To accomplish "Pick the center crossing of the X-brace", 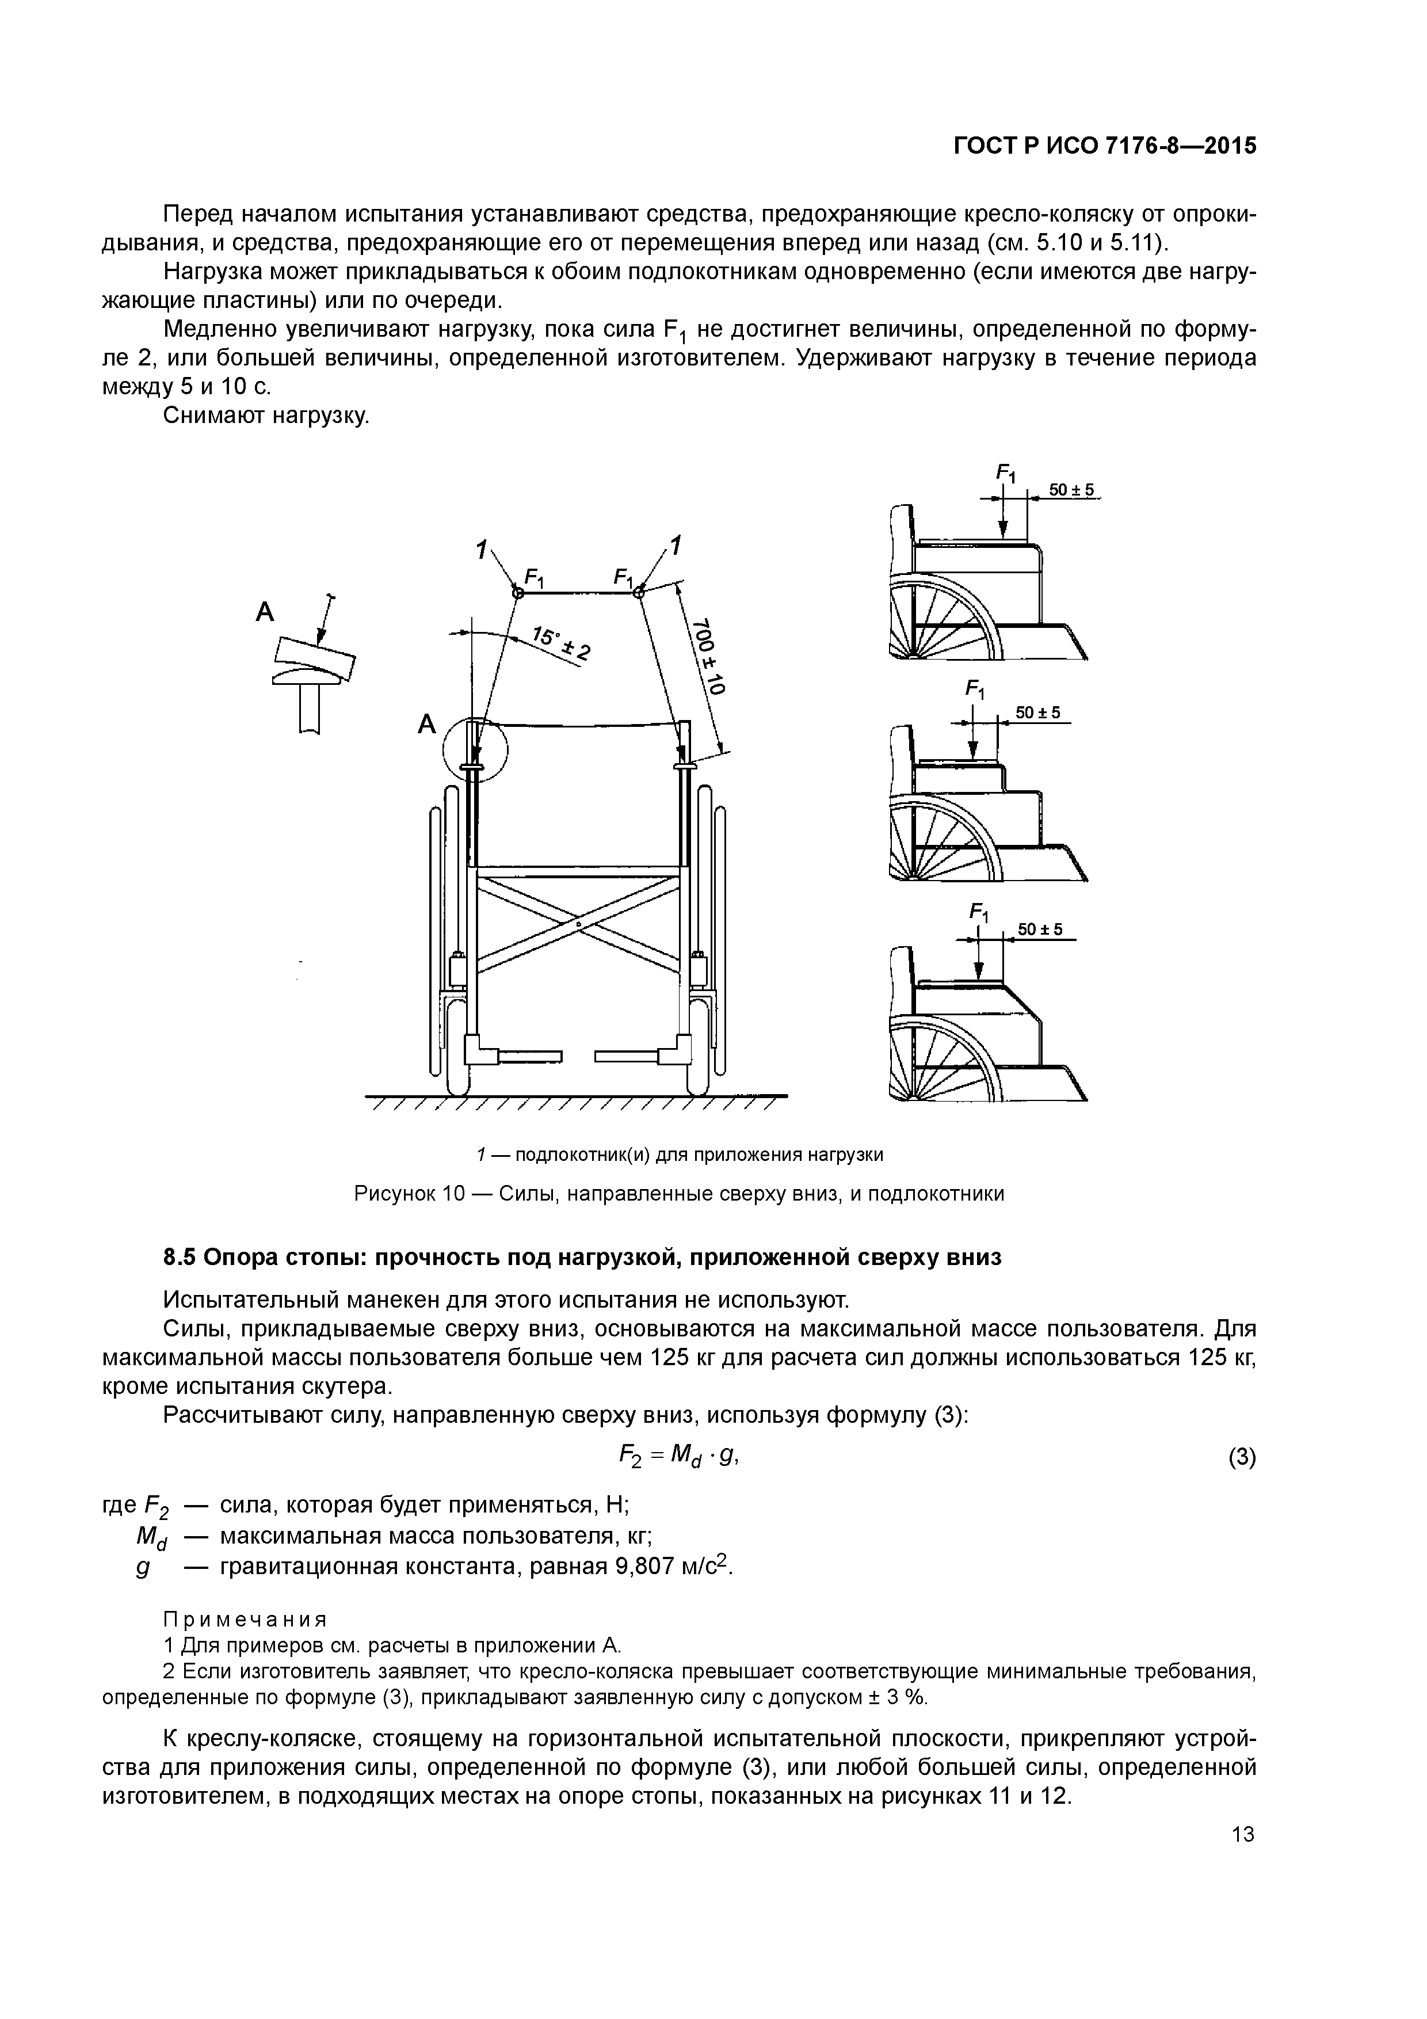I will click(x=578, y=924).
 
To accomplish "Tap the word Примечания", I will click(x=245, y=1619).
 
